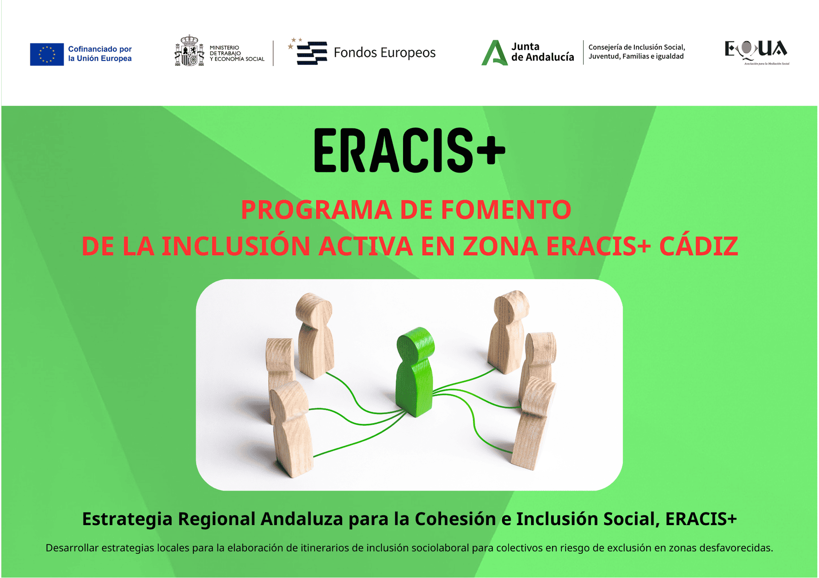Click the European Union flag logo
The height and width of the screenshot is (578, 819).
47,54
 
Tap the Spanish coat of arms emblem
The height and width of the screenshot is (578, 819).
189,51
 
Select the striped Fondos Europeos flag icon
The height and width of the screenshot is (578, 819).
308,52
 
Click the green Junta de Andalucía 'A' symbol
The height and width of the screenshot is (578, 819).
494,53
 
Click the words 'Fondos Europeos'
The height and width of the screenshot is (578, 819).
384,53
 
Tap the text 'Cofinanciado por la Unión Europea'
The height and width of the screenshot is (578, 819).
100,54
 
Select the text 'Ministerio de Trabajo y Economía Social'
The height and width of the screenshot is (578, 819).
237,53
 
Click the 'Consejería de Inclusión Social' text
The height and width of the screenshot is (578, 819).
636,47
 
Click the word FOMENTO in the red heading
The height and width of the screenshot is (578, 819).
506,210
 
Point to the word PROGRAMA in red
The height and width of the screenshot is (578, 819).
316,210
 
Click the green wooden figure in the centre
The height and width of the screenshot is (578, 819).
415,371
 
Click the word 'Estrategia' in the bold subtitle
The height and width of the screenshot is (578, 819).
127,519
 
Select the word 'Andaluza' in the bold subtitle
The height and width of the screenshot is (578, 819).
302,519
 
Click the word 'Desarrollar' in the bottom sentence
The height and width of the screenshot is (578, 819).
72,548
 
